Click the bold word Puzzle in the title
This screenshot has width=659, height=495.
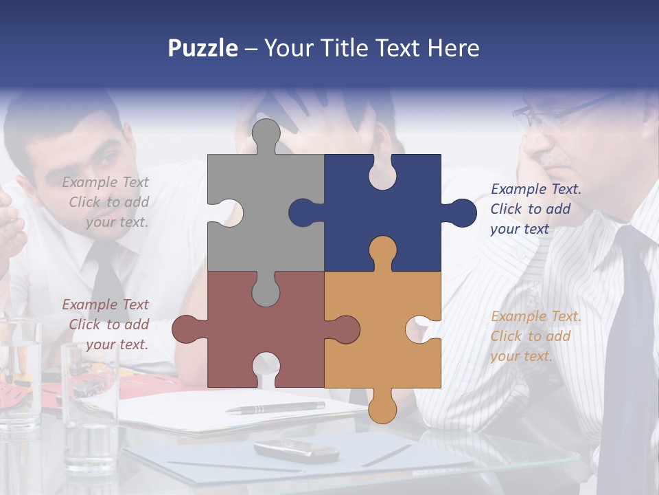click(x=203, y=48)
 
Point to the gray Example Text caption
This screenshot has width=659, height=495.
click(x=106, y=202)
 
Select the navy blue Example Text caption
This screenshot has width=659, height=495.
click(x=535, y=209)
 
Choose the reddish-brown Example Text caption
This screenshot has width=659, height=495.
click(x=106, y=324)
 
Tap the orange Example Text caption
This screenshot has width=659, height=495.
click(x=535, y=336)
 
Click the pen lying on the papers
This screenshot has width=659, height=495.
click(x=275, y=408)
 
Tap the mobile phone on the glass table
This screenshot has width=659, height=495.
click(x=296, y=451)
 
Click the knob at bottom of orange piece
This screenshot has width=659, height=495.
click(x=382, y=408)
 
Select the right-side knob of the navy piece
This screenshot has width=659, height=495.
click(x=461, y=213)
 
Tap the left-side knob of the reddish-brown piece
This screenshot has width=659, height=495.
click(x=186, y=329)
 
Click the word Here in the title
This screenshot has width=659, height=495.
click(x=453, y=48)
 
